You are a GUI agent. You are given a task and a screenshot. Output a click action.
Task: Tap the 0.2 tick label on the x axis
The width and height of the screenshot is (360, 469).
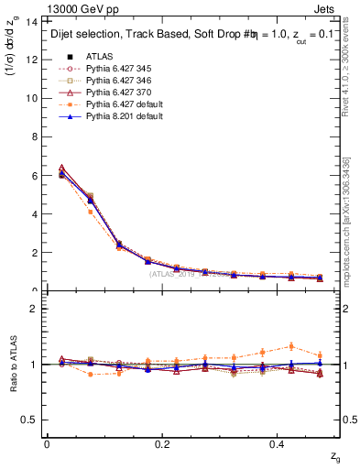click(163, 444)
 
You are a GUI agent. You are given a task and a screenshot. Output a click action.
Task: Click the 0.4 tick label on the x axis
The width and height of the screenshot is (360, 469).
click(278, 444)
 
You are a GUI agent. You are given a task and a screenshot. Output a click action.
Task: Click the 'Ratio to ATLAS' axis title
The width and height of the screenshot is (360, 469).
click(13, 364)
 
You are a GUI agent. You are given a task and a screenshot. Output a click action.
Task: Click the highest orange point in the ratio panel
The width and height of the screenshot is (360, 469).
click(291, 346)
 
